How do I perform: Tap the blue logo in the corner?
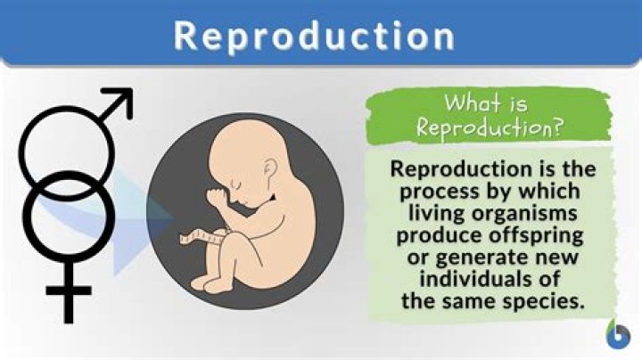point(619,336)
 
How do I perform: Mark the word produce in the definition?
point(431,236)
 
